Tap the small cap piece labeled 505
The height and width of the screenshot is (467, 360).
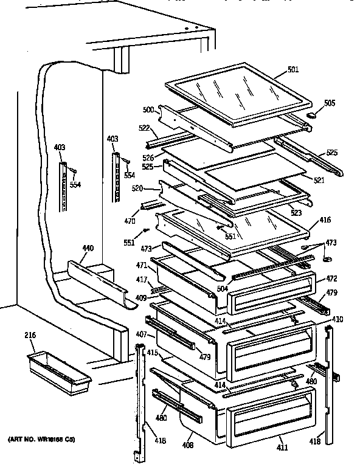(x=313, y=113)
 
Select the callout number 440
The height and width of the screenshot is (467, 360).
(x=88, y=249)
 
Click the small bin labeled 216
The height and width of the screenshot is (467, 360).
(x=58, y=370)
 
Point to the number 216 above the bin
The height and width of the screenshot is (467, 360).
(x=30, y=335)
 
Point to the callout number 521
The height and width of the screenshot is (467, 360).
(x=319, y=180)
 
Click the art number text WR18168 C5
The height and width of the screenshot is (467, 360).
(x=42, y=439)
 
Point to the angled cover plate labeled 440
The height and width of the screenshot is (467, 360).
(x=97, y=279)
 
